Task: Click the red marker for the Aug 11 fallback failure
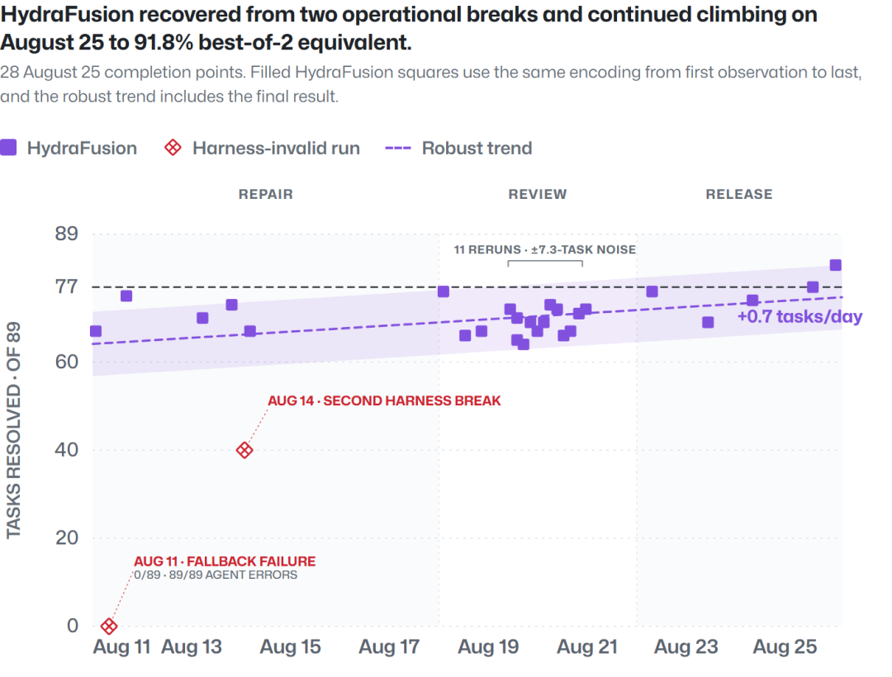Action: [109, 627]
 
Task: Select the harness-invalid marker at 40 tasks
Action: [244, 450]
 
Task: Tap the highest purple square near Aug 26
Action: [835, 265]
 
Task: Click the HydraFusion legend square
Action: [8, 148]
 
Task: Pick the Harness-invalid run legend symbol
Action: [173, 148]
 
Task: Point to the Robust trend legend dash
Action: [398, 149]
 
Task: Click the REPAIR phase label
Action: [266, 194]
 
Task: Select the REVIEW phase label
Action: [538, 194]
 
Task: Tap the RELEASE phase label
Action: [739, 194]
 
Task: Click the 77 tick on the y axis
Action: [67, 286]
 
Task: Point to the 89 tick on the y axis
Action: [67, 234]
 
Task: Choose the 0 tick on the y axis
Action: [72, 626]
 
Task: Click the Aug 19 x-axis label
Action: [488, 647]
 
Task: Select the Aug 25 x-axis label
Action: [785, 647]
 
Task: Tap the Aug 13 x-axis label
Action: [192, 647]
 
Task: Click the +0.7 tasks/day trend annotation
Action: [799, 316]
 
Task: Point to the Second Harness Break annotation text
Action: [384, 400]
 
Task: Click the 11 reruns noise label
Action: [544, 249]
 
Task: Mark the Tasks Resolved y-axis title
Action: [13, 430]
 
